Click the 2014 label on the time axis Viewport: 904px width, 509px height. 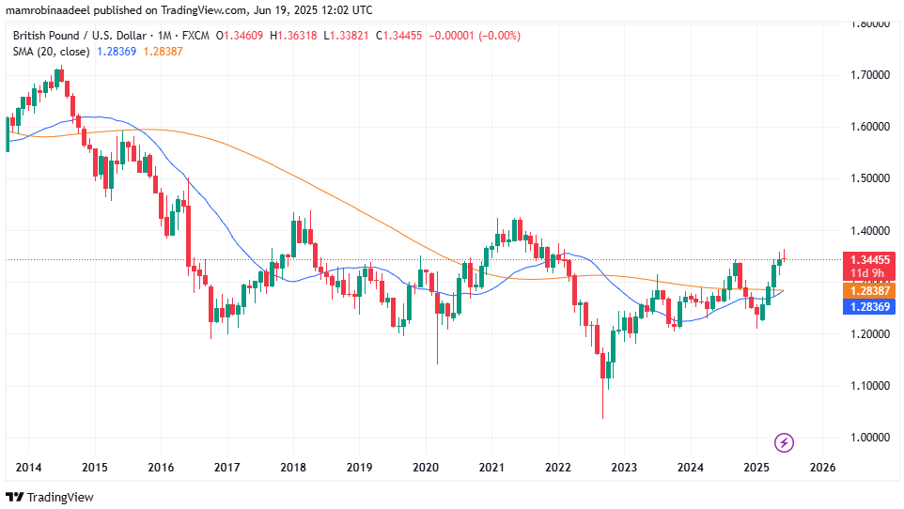(x=28, y=468)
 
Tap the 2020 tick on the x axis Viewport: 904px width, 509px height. (x=426, y=468)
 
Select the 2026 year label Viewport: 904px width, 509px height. (x=822, y=468)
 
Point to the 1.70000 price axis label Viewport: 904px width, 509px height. (x=870, y=74)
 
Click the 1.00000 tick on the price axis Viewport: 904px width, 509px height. (x=870, y=438)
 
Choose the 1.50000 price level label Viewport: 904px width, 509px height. (x=870, y=178)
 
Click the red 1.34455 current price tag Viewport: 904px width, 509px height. (x=871, y=259)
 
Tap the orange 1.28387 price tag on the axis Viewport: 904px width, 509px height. (x=871, y=291)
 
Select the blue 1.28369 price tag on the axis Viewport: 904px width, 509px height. (x=871, y=307)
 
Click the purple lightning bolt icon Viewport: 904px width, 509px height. (x=785, y=441)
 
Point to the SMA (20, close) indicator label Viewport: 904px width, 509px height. (x=51, y=51)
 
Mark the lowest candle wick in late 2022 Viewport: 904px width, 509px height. (x=602, y=418)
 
